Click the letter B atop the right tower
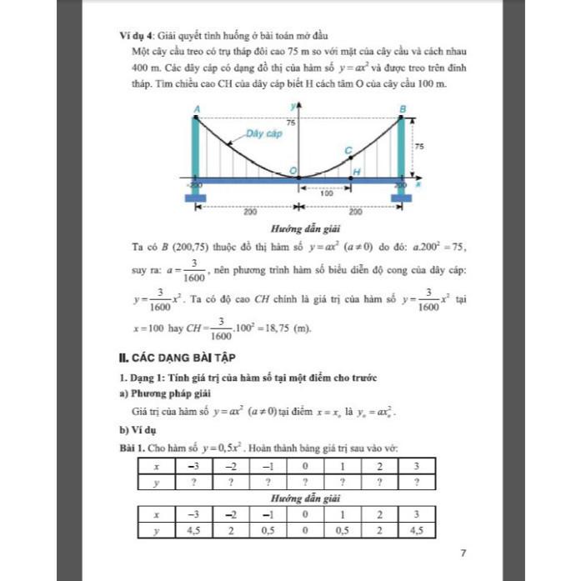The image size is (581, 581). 403,109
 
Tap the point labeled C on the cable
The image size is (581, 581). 349,150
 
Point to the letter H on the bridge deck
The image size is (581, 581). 357,172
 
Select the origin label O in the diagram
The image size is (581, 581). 293,171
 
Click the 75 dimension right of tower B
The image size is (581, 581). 419,146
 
